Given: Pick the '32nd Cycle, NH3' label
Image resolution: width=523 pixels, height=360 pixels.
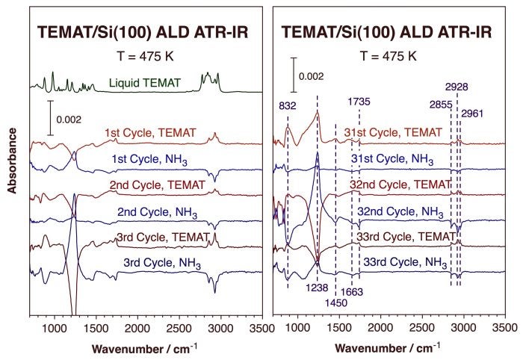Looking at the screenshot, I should [x=399, y=211].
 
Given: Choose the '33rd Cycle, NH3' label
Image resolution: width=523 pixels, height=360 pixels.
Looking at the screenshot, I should [x=403, y=262].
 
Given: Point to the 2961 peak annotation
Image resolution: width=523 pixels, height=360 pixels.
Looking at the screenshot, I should [x=473, y=114].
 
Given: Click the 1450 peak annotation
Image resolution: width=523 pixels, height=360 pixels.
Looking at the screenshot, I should [x=335, y=302].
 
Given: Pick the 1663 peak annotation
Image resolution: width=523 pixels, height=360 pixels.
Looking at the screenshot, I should [x=352, y=291].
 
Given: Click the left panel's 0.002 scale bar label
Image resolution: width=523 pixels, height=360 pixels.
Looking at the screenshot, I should [x=69, y=120].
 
